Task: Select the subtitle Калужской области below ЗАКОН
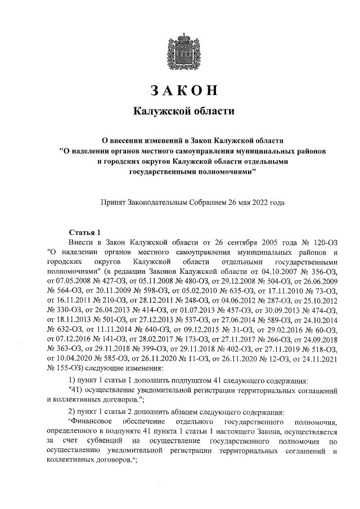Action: (x=180, y=111)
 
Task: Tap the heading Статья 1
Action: (x=84, y=231)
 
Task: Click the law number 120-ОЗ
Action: (x=323, y=241)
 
